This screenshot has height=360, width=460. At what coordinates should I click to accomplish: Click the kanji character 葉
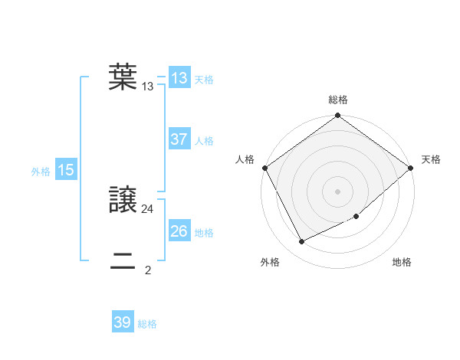(123, 77)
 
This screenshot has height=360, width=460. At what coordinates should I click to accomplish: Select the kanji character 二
(123, 261)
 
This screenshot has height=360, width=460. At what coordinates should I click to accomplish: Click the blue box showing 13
(179, 78)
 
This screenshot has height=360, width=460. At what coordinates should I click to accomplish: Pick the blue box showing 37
(179, 139)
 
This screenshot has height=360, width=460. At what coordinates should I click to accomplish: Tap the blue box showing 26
(179, 231)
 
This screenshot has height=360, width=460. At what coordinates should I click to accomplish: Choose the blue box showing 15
(65, 170)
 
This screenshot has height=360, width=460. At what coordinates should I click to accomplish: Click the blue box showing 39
(122, 322)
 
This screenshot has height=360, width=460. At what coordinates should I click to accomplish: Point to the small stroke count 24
(148, 208)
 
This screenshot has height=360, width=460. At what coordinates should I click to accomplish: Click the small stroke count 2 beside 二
(148, 270)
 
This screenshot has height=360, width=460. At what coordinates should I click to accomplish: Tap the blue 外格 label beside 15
(41, 172)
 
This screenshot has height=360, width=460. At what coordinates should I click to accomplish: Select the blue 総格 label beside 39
(147, 324)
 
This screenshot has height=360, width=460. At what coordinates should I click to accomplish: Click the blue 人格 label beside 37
(204, 141)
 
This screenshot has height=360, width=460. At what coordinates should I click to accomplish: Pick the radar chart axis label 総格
(338, 100)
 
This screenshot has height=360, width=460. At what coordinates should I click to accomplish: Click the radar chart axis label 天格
(432, 159)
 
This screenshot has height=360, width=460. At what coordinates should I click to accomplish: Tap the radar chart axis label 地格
(402, 262)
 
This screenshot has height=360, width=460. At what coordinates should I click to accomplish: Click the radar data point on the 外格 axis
(301, 242)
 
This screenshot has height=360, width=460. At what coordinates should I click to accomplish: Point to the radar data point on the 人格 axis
(264, 167)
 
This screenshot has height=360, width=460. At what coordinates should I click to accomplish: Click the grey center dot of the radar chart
(338, 191)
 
